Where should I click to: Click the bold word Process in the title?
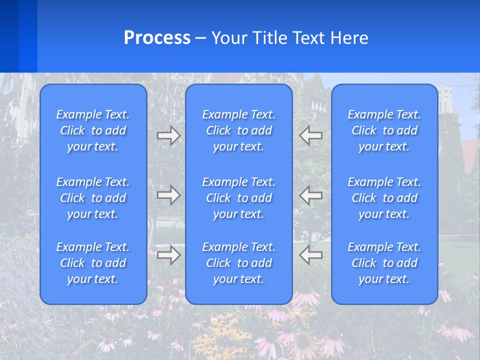point(157,38)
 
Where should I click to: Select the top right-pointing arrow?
point(168,135)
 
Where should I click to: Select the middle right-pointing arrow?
point(168,195)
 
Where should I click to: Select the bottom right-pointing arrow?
point(168,255)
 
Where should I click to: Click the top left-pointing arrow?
point(311,135)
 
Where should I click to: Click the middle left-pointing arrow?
point(311,195)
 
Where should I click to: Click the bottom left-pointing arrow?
point(311,255)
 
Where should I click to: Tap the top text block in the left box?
point(93,130)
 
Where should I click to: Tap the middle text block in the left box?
point(93,198)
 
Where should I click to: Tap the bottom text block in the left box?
point(93,263)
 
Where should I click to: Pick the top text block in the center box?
point(239,130)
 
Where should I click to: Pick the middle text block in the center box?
point(239,198)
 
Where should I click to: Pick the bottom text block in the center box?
point(239,263)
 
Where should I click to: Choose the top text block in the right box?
point(384,130)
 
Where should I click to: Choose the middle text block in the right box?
point(384,198)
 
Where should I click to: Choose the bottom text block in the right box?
point(384,263)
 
